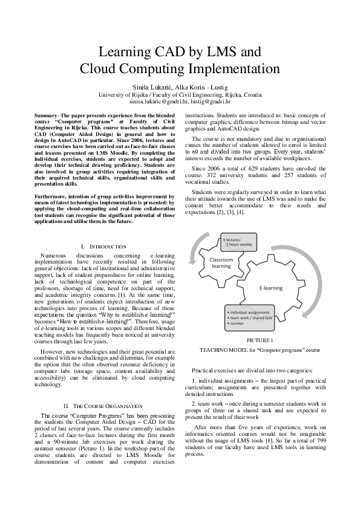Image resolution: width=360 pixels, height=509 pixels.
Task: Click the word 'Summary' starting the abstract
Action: click(47, 115)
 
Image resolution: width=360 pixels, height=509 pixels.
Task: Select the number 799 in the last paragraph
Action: click(319, 442)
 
